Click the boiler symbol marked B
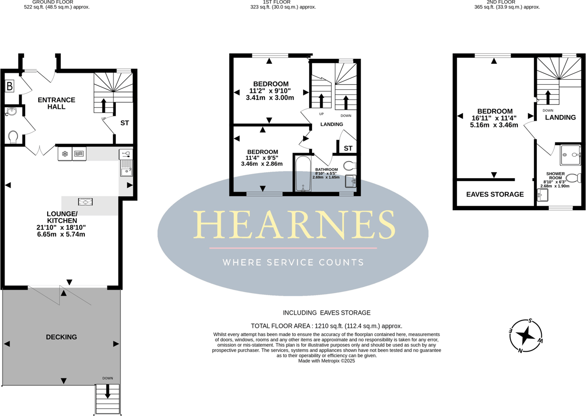pyautogui.click(x=10, y=86)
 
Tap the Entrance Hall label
pyautogui.click(x=57, y=103)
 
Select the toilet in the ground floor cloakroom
pyautogui.click(x=14, y=136)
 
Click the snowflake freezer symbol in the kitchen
pyautogui.click(x=65, y=154)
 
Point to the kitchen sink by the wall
pyautogui.click(x=126, y=168)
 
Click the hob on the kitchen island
pyautogui.click(x=85, y=202)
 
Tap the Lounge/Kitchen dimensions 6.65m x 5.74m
pyautogui.click(x=61, y=234)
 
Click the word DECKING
pyautogui.click(x=61, y=337)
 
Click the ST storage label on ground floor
pyautogui.click(x=124, y=123)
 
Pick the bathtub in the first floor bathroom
pyautogui.click(x=302, y=174)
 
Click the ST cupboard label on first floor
pyautogui.click(x=348, y=149)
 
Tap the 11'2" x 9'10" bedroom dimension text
pyautogui.click(x=270, y=91)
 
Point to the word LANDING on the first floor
pyautogui.click(x=332, y=124)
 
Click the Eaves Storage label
pyautogui.click(x=495, y=195)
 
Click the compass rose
pyautogui.click(x=525, y=335)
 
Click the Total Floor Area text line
pyautogui.click(x=327, y=326)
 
